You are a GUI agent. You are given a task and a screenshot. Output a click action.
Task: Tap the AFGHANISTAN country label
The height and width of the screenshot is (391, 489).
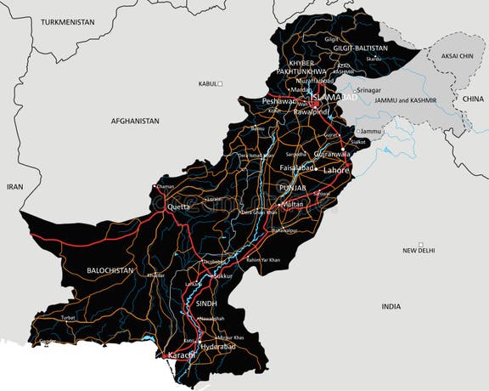134,122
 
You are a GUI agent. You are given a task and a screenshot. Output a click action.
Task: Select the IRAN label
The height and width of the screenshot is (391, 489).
15,186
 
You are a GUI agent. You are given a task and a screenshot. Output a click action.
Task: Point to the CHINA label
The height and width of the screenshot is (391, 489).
473,99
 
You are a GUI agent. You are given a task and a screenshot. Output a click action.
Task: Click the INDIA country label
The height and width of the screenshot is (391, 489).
391,306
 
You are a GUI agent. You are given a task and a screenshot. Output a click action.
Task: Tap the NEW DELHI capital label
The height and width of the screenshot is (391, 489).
419,251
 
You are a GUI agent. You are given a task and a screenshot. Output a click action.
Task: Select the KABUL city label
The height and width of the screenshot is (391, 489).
207,84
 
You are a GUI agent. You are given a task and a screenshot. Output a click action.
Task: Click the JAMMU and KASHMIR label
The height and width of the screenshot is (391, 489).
404,100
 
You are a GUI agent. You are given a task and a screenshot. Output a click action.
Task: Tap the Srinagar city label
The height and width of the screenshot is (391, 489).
368,90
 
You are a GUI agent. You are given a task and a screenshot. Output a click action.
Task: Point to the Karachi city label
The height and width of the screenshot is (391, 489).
180,354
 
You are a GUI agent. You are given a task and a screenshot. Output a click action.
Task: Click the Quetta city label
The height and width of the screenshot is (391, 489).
178,207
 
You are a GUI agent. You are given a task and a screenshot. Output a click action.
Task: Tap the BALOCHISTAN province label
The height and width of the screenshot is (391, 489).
110,270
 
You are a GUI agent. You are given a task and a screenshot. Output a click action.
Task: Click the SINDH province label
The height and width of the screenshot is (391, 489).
206,303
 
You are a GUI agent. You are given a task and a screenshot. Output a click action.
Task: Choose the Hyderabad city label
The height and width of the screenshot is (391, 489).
218,348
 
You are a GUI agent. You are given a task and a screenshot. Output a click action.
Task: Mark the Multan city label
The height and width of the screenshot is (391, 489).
292,205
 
